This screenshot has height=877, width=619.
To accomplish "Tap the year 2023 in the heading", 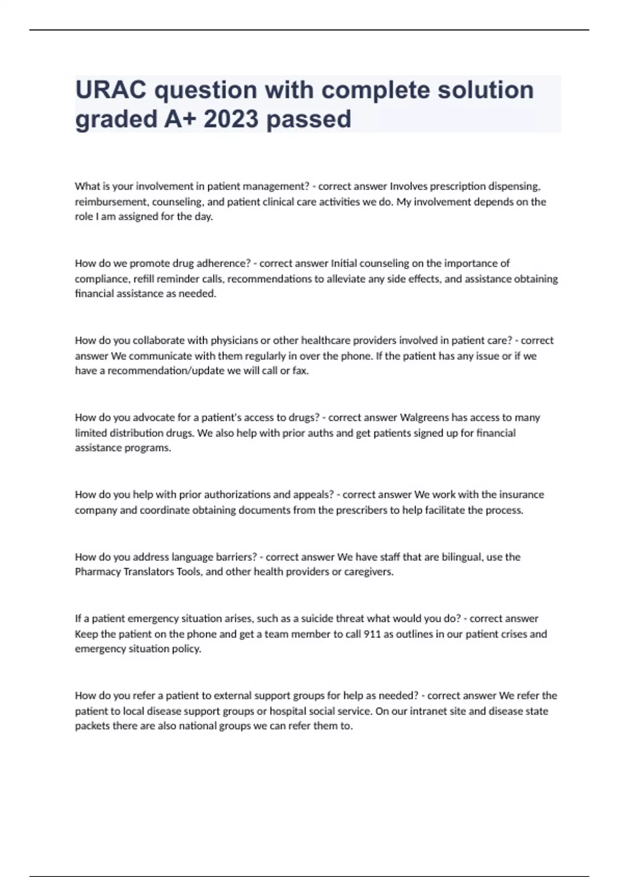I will pyautogui.click(x=231, y=119).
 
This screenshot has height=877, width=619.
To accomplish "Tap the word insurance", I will pyautogui.click(x=523, y=495).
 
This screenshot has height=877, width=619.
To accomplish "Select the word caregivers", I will pyautogui.click(x=370, y=572).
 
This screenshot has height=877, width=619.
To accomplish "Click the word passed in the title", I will pyautogui.click(x=309, y=119).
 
